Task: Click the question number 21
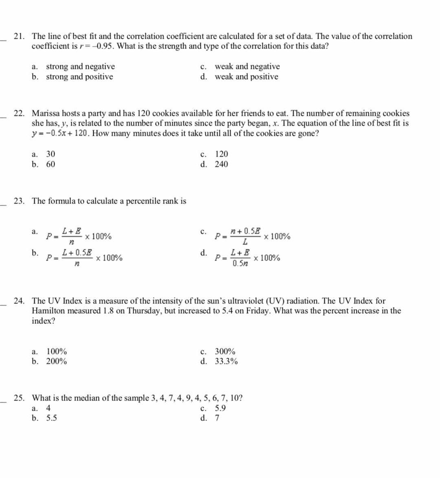18,36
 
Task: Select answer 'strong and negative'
80,66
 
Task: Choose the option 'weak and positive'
246,77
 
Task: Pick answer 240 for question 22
221,164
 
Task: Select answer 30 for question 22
51,154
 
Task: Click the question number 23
18,201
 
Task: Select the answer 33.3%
226,361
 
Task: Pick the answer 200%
57,361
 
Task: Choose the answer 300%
225,352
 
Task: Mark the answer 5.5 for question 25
51,418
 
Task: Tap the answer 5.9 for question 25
220,408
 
